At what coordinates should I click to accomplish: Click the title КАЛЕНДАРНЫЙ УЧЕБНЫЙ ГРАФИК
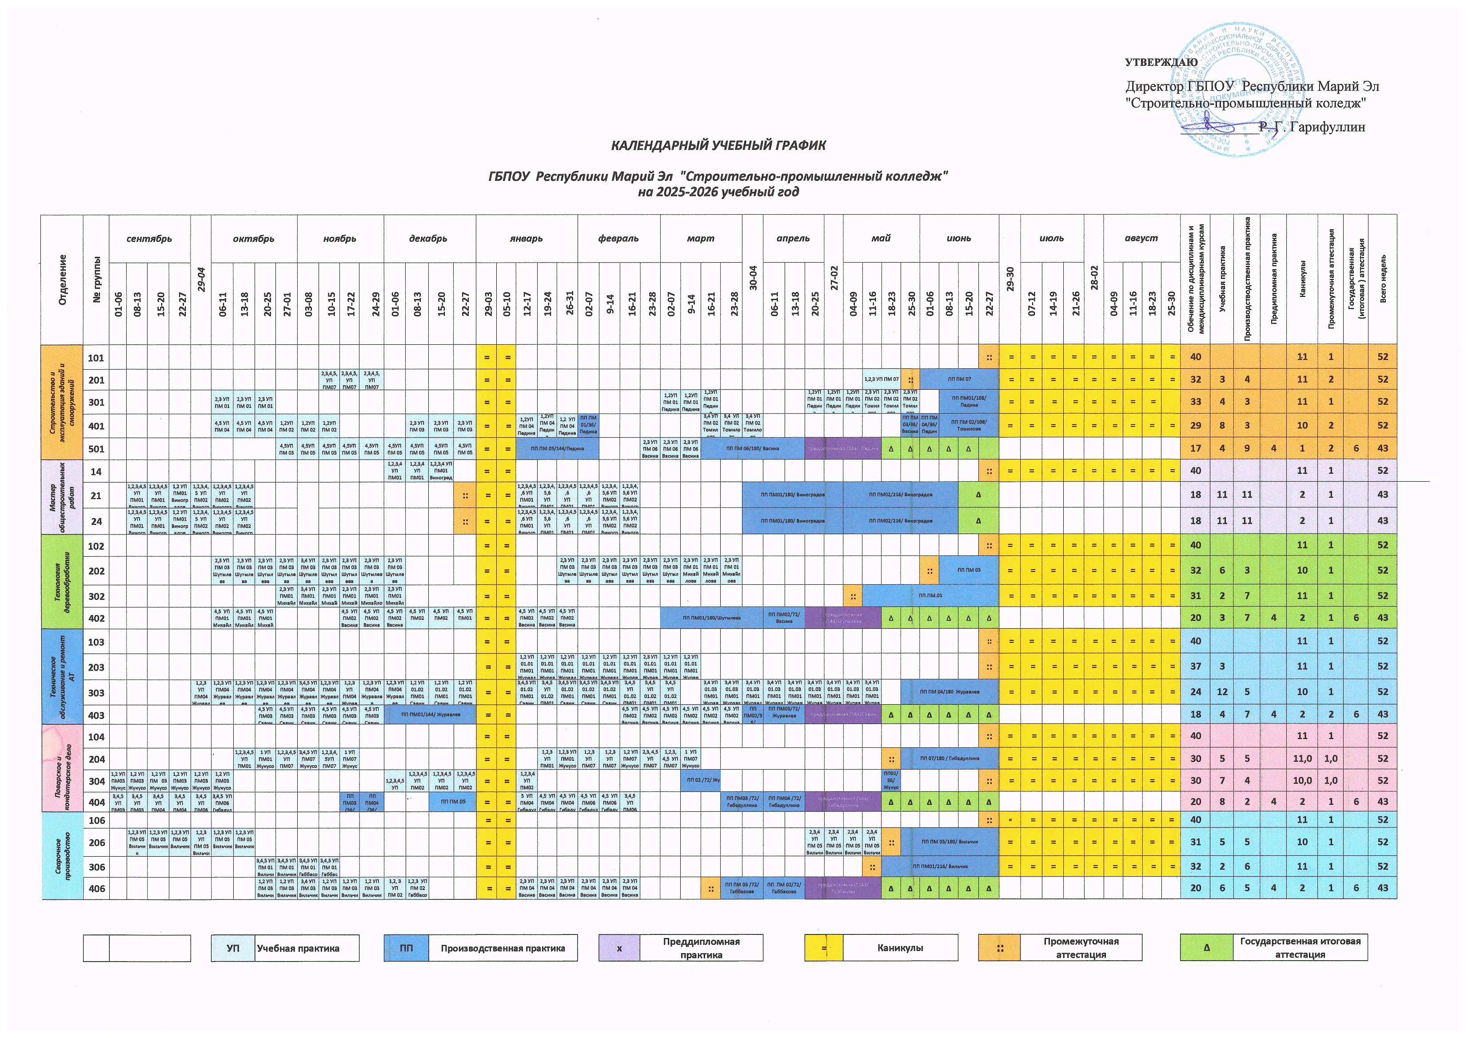718,145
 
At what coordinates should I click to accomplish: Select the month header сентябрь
149,239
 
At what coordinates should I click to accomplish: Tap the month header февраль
618,239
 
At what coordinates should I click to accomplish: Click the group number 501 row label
96,449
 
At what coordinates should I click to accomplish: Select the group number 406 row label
96,888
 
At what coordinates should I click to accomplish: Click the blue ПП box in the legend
406,948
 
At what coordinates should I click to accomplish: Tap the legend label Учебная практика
298,948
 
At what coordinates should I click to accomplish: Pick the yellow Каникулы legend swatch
823,948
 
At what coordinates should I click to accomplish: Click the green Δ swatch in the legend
1206,948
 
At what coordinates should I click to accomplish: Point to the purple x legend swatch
619,948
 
